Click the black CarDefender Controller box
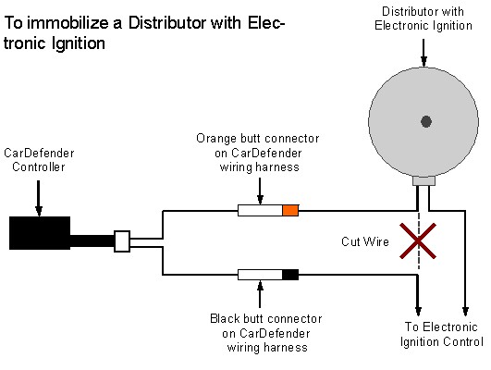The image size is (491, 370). pyautogui.click(x=40, y=233)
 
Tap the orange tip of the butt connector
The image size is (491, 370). pyautogui.click(x=290, y=211)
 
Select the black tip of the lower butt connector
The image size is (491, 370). pyautogui.click(x=290, y=275)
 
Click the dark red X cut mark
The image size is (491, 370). pyautogui.click(x=418, y=240)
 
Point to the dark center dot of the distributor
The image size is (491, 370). pyautogui.click(x=426, y=121)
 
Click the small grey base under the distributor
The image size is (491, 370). pyautogui.click(x=423, y=180)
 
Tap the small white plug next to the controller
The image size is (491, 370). pyautogui.click(x=122, y=241)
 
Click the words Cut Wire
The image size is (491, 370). pyautogui.click(x=365, y=241)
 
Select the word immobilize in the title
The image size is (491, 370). pyautogui.click(x=68, y=23)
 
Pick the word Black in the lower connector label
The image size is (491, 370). pyautogui.click(x=225, y=318)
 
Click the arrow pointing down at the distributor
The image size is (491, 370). pyautogui.click(x=423, y=53)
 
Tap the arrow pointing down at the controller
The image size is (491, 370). pyautogui.click(x=39, y=198)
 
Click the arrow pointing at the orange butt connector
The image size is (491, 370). pyautogui.click(x=260, y=191)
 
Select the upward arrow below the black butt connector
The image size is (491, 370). pyautogui.click(x=260, y=294)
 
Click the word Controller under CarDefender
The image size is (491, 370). pyautogui.click(x=39, y=166)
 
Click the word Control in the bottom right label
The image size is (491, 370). pyautogui.click(x=463, y=341)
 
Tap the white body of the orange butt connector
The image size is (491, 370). pyautogui.click(x=260, y=211)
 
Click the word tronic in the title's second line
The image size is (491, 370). pyautogui.click(x=26, y=43)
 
